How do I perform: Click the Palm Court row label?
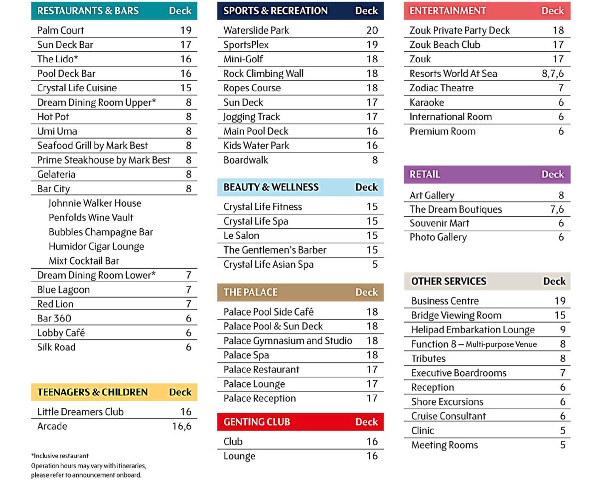(61, 30)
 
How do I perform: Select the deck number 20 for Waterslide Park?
(372, 30)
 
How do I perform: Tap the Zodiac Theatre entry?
(442, 88)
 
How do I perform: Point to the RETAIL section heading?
(425, 174)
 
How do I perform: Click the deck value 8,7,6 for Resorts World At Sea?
(553, 74)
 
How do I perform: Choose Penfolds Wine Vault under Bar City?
(91, 217)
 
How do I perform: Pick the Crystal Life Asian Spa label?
(269, 264)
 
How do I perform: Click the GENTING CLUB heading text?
(257, 422)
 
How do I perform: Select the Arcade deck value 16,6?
(182, 426)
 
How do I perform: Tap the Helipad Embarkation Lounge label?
(473, 329)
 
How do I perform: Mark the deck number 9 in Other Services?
(563, 329)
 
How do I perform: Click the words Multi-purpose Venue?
(501, 344)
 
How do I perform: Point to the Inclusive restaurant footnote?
(60, 456)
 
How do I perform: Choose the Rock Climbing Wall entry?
(264, 74)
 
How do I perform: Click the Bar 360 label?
(54, 319)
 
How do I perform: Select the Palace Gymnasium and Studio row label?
(288, 341)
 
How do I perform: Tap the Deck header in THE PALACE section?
(367, 292)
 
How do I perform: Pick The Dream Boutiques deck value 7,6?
(557, 209)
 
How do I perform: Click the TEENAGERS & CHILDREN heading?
(93, 392)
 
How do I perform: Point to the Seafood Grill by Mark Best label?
(93, 146)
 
